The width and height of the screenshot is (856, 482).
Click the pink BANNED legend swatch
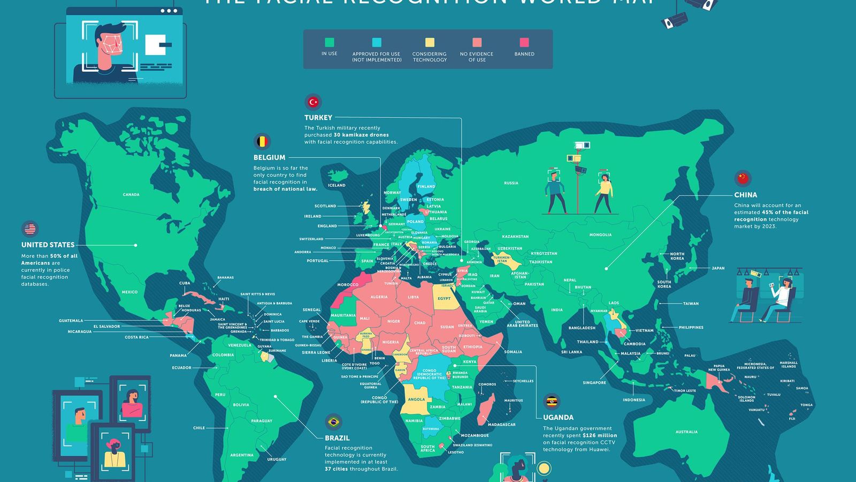coord(524,42)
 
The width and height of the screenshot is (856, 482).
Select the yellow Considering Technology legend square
coord(430,42)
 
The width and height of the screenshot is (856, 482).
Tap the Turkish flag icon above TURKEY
coord(313,102)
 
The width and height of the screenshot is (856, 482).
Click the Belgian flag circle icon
coord(262,141)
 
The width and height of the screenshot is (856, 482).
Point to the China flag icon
coord(743,178)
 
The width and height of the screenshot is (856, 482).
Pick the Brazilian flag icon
coord(333,422)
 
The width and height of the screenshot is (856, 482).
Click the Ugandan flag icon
coord(552,402)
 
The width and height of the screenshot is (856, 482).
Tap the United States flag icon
coord(30,229)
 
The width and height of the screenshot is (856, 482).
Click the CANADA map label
coord(131,194)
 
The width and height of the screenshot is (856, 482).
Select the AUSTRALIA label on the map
coord(686,432)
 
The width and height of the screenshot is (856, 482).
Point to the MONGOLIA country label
coord(600,235)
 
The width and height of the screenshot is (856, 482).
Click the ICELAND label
coord(337,185)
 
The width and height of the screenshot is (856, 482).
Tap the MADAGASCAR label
coord(502,425)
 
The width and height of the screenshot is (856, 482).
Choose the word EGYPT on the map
coord(444,298)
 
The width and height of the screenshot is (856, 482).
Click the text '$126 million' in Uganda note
coord(599,435)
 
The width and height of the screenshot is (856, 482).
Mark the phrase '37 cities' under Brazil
coord(336,469)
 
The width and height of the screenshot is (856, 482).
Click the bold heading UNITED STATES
coord(48,245)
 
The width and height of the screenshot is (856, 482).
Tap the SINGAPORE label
coord(594,382)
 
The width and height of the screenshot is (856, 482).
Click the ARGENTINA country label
coord(242,455)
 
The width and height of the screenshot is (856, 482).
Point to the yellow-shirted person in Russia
coord(604,193)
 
